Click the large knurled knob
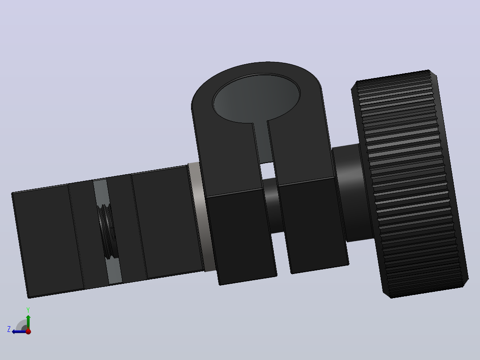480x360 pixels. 410,184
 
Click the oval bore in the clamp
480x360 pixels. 256,98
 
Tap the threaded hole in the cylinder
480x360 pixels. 107,231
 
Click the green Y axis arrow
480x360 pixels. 28,322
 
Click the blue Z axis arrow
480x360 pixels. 19,331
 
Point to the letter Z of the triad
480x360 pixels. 9,329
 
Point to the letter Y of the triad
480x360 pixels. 28,310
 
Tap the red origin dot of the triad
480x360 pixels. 28,331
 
